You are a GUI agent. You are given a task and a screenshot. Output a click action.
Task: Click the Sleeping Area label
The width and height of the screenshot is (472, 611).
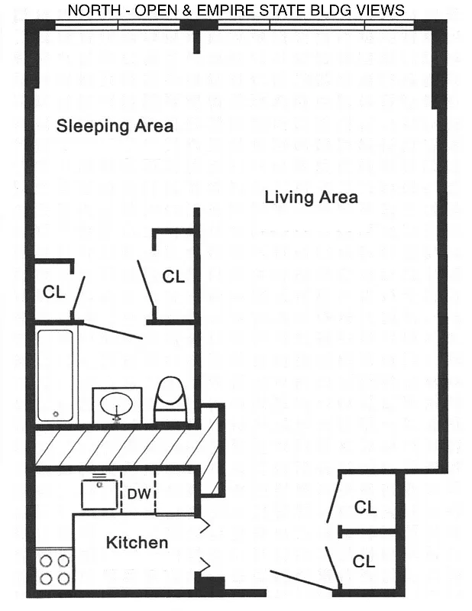point(115,126)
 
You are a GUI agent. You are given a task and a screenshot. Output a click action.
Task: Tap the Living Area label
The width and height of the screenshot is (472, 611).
point(311,197)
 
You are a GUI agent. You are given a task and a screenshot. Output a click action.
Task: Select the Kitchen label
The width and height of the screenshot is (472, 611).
point(137,543)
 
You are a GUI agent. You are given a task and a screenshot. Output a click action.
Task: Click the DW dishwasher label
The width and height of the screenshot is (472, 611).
point(138,494)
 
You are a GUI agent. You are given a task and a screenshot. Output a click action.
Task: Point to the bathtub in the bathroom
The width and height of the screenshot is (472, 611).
point(56,374)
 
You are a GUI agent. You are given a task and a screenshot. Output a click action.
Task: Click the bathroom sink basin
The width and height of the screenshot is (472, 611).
point(117,402)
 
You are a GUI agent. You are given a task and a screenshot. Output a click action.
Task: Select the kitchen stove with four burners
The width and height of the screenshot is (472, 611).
point(54,569)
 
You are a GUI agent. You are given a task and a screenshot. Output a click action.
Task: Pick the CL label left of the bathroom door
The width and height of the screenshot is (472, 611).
point(53,291)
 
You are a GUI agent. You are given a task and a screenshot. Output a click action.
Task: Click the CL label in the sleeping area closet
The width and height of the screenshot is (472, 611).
point(173,276)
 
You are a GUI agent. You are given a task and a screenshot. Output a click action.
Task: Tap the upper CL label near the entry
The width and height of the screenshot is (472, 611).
point(365,506)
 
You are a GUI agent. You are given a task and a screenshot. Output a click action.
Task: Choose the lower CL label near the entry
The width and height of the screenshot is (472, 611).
point(364,561)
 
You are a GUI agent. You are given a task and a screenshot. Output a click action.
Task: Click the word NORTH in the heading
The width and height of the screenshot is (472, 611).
point(92,10)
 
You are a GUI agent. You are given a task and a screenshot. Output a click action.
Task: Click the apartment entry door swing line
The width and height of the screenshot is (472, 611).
point(302,580)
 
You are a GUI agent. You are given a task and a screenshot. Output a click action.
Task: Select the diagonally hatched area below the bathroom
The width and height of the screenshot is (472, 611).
point(122,448)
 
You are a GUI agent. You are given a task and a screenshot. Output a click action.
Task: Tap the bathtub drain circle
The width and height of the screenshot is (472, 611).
point(55,415)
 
